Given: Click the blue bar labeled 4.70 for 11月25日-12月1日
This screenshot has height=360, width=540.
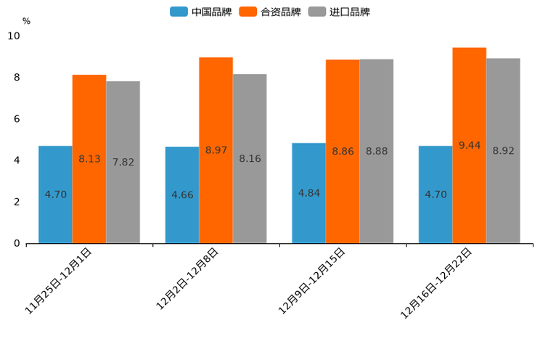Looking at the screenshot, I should coord(55,195).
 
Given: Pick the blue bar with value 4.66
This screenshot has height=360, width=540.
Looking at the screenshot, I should coord(182,195).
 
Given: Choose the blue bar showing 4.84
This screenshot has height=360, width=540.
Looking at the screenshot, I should coord(308,193).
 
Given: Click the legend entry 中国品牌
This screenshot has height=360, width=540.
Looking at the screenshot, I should coord(201,12).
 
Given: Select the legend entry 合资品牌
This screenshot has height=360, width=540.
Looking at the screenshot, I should coord(270,12).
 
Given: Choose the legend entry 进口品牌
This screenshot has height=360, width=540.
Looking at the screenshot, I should coord(339,12).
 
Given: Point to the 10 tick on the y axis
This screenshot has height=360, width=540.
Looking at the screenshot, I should coord(14,36).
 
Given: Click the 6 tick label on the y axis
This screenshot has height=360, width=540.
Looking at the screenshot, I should coord(17,119).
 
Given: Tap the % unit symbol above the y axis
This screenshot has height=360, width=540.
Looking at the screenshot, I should coord(26,22).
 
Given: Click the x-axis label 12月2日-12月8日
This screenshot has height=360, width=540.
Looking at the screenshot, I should coord(187,279).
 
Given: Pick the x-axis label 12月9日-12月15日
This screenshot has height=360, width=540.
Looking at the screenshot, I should coord(311,281).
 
